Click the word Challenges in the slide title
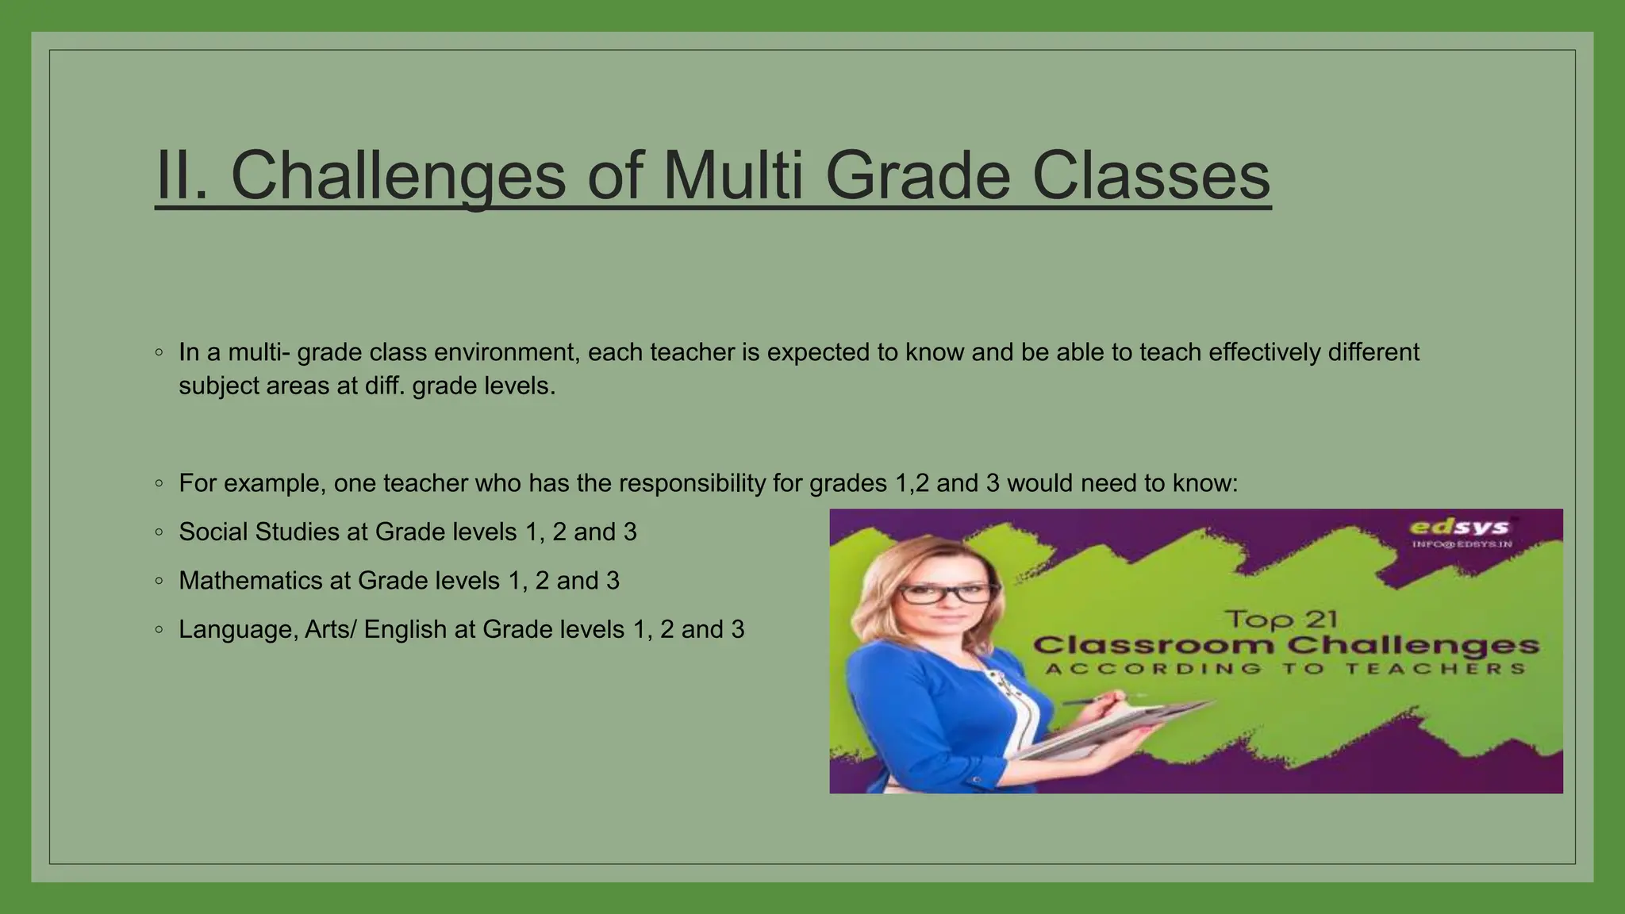click(398, 176)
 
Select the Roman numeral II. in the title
click(182, 176)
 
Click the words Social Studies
click(259, 532)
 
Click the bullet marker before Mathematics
click(159, 582)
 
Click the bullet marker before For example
click(159, 483)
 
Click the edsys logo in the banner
click(1458, 528)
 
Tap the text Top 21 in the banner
click(1281, 619)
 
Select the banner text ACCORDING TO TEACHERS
click(1285, 669)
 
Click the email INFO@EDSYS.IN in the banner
click(1462, 544)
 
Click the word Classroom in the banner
click(1154, 645)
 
